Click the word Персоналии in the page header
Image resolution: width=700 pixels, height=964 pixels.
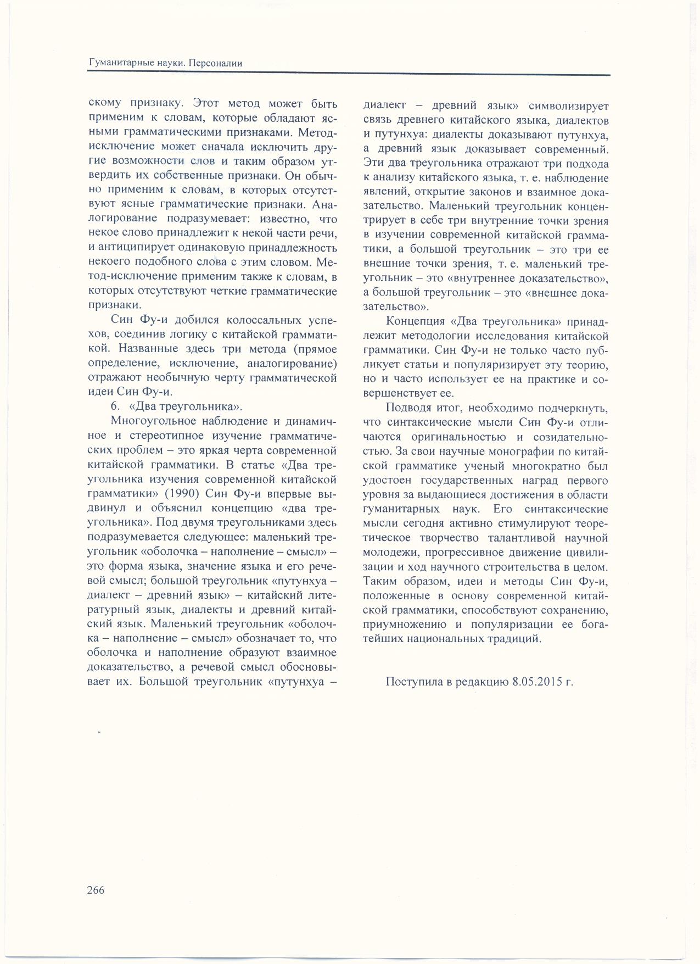point(215,64)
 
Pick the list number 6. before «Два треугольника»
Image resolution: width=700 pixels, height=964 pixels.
point(115,407)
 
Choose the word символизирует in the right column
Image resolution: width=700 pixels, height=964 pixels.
point(567,106)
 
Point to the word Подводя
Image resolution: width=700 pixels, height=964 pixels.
point(405,408)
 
